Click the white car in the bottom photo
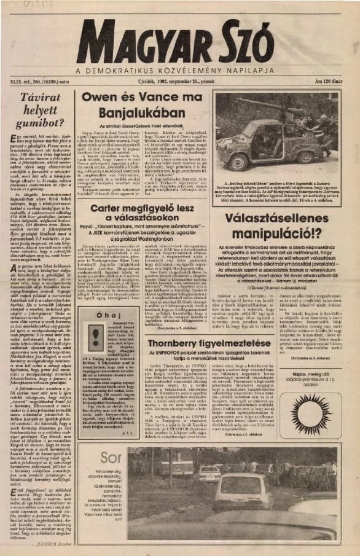tap(240, 491)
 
